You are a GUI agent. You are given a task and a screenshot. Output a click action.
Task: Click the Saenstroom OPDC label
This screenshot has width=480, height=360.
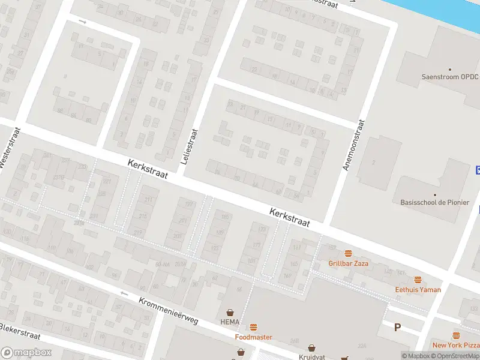pos(449,77)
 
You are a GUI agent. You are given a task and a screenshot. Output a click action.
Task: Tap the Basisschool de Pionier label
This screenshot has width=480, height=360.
pos(434,202)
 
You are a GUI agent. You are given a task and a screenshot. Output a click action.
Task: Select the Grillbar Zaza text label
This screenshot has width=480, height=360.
pos(348,263)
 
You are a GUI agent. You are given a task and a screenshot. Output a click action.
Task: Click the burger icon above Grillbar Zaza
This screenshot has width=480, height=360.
pos(348,254)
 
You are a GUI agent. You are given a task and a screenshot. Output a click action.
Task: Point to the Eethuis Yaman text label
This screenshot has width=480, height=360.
pos(418,290)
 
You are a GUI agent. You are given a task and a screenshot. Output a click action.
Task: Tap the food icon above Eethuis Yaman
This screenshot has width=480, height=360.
pos(418,280)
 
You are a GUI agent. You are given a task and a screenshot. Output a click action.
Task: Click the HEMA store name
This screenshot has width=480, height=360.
pos(230,322)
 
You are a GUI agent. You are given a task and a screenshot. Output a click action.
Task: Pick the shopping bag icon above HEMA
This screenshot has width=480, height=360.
pos(230,313)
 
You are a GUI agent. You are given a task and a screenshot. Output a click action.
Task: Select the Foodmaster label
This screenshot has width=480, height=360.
pos(253,337)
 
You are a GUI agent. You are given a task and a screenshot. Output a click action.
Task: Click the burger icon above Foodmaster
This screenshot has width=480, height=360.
pos(253,328)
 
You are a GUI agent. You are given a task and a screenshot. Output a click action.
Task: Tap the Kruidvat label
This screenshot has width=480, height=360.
pos(311,357)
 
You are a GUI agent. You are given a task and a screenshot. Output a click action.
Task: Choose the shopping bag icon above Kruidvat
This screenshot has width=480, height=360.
pos(311,347)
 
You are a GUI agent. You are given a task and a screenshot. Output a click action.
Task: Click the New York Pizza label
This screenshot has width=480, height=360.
pos(455,345)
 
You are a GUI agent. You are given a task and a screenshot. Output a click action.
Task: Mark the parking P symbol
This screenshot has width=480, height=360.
pos(397,327)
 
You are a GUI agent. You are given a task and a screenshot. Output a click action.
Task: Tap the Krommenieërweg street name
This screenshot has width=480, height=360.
pos(168,311)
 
